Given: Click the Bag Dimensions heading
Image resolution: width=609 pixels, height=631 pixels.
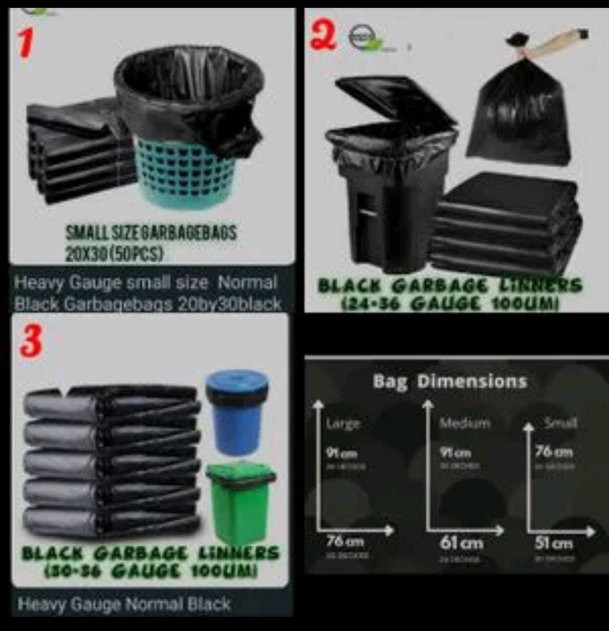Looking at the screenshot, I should pyautogui.click(x=449, y=382).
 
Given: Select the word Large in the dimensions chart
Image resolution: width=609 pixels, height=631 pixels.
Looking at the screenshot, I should pyautogui.click(x=343, y=423).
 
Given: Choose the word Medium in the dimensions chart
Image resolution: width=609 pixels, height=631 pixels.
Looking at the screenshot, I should pyautogui.click(x=465, y=423).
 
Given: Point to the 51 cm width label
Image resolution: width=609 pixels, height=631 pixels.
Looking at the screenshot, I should pyautogui.click(x=554, y=544).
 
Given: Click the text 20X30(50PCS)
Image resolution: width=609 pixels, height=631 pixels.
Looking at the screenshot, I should pyautogui.click(x=115, y=252).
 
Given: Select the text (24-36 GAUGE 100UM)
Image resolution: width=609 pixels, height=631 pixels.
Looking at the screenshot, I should pyautogui.click(x=449, y=305).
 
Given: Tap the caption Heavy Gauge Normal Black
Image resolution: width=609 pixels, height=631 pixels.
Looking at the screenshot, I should pyautogui.click(x=124, y=604).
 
